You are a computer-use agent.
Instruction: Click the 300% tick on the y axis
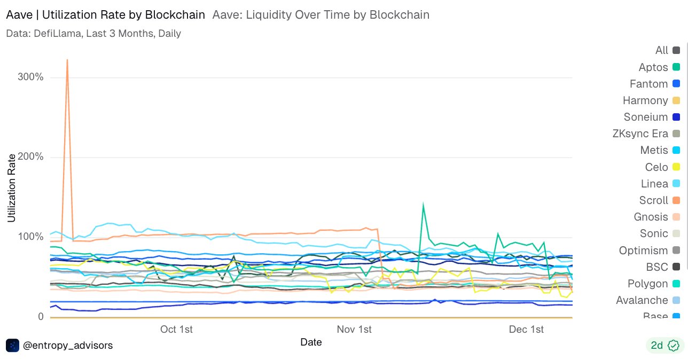[x=30, y=77]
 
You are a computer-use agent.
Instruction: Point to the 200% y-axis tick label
[x=30, y=157]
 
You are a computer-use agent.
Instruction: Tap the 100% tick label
[x=30, y=237]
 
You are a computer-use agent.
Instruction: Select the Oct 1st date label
[x=176, y=329]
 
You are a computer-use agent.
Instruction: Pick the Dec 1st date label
[x=527, y=329]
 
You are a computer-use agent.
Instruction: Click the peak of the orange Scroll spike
[x=67, y=60]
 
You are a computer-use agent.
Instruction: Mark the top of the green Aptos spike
[x=423, y=204]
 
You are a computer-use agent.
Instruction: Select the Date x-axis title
[x=311, y=342]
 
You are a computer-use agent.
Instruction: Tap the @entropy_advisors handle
[x=68, y=346]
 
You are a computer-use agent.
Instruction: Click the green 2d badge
[x=664, y=346]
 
